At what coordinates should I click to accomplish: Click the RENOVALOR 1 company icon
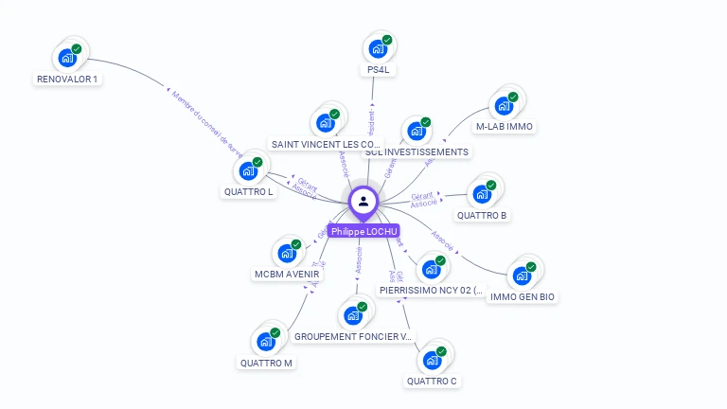[x=66, y=58]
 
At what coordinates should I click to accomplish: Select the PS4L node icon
[x=377, y=49]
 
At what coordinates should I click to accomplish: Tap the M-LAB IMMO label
[x=505, y=126]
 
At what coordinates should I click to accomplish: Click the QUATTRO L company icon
[x=248, y=171]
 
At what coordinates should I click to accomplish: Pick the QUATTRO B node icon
[x=482, y=194]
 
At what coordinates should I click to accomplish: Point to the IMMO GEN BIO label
[x=523, y=296]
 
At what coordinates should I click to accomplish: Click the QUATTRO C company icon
[x=432, y=361]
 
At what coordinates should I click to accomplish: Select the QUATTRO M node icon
[x=266, y=342]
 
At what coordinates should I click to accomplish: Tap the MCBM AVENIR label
[x=287, y=275]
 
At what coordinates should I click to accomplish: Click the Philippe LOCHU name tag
[x=363, y=231]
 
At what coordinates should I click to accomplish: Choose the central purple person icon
[x=363, y=201]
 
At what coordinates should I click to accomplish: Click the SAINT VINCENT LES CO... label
[x=326, y=144]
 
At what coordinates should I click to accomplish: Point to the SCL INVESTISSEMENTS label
[x=417, y=151]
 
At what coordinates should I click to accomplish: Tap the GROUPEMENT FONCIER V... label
[x=353, y=336]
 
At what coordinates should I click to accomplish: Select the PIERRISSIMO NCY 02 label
[x=431, y=291]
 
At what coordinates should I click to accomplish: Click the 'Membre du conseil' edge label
[x=207, y=123]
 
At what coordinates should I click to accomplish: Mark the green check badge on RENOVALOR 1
[x=77, y=48]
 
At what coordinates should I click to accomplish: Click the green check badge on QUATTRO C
[x=441, y=351]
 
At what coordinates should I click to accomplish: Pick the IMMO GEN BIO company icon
[x=522, y=276]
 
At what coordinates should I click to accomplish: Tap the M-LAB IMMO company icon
[x=503, y=105]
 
